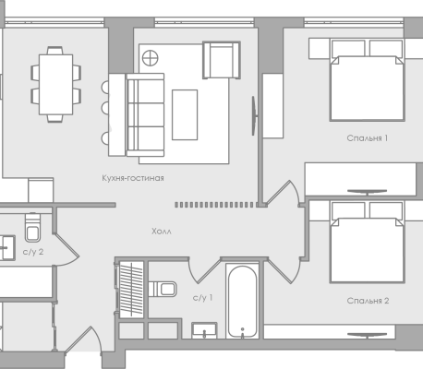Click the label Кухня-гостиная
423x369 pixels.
[x=133, y=178]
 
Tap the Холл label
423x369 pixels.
[x=162, y=232]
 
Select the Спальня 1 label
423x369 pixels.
[x=368, y=138]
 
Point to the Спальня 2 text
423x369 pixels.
[x=368, y=301]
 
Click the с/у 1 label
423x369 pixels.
[x=202, y=298]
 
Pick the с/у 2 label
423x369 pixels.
[x=33, y=252]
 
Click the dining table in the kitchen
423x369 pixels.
[x=55, y=85]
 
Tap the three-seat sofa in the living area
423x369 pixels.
[x=145, y=114]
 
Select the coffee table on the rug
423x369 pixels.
[x=185, y=114]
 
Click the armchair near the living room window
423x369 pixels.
[x=222, y=60]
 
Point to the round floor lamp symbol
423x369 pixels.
[x=151, y=58]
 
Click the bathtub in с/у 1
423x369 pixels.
[x=242, y=302]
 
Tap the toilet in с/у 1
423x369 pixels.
[x=163, y=289]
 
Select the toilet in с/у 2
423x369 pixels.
[x=32, y=227]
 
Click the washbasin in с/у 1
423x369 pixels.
[x=204, y=330]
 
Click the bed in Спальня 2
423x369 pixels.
[x=367, y=243]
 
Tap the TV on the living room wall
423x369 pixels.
[x=254, y=115]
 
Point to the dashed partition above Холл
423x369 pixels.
[x=214, y=205]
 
